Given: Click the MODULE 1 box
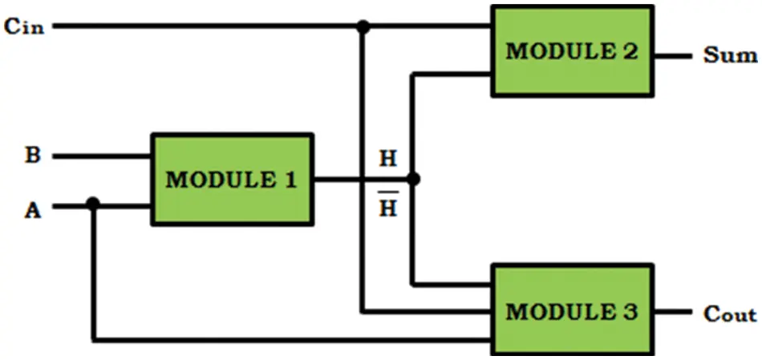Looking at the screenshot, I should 231,180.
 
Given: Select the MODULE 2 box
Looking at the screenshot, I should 571,52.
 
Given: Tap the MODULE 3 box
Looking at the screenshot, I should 571,310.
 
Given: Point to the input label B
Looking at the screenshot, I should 32,155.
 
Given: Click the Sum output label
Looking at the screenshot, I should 728,55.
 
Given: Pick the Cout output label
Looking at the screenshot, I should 728,313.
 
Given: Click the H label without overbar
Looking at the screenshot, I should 388,159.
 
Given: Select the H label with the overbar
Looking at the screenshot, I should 388,208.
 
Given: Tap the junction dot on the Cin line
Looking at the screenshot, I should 363,27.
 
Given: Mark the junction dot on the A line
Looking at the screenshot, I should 93,204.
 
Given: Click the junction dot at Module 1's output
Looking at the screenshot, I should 413,180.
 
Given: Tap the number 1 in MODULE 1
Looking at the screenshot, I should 288,180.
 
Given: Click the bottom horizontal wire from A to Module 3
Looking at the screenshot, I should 289,340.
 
